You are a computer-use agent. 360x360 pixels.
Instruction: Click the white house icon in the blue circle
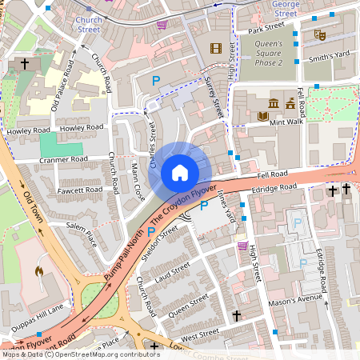(x=180, y=172)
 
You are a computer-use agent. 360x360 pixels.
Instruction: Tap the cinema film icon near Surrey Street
(x=215, y=48)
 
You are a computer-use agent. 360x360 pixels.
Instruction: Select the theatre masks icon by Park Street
(x=318, y=34)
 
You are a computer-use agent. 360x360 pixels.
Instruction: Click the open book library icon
(x=262, y=117)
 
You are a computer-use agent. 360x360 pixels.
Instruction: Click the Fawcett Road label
(x=80, y=190)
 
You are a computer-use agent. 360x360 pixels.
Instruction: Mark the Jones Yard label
(x=226, y=206)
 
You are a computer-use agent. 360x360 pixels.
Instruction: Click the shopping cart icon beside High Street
(x=242, y=246)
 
